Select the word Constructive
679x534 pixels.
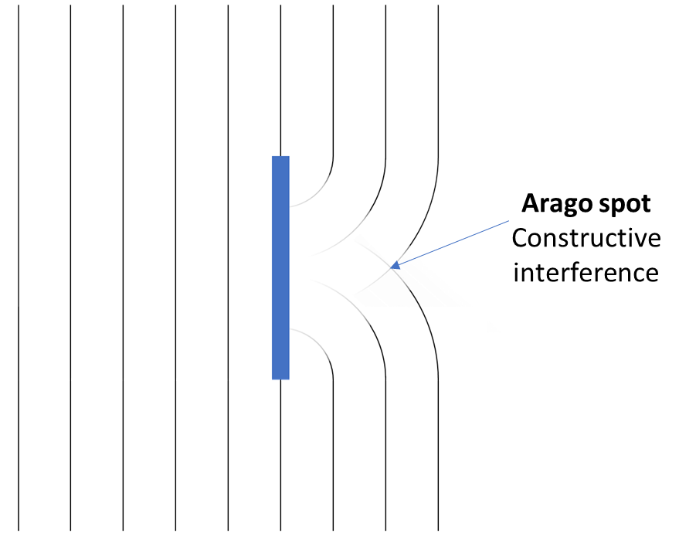(x=586, y=239)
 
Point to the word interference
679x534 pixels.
(x=586, y=273)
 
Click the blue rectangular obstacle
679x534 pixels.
(x=280, y=267)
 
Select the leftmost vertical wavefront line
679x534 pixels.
(x=19, y=267)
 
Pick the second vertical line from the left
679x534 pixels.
(x=71, y=267)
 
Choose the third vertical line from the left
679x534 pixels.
(x=124, y=267)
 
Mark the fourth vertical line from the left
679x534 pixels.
(x=176, y=267)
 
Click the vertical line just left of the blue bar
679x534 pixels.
(x=229, y=267)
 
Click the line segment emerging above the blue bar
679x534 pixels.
(x=280, y=77)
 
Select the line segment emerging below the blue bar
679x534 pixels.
(x=280, y=456)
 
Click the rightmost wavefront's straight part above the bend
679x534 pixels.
(x=439, y=77)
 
